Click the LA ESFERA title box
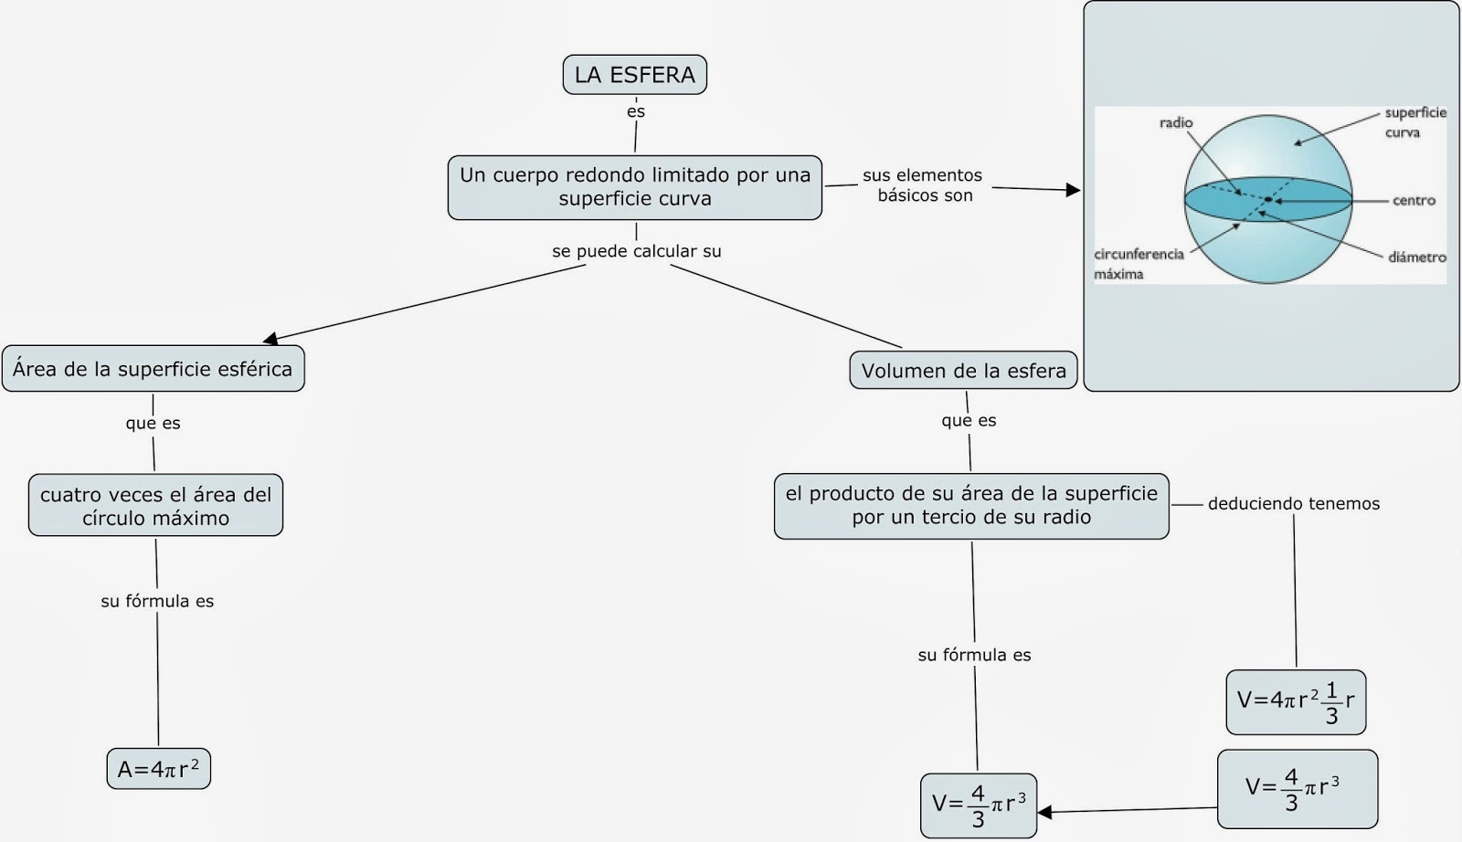click(634, 75)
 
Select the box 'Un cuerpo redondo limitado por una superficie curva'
click(634, 187)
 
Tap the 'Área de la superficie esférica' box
click(153, 369)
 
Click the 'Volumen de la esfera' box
click(963, 371)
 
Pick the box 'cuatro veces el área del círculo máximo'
click(155, 505)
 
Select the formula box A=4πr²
click(158, 769)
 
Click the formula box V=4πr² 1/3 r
click(1295, 701)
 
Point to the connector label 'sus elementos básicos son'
click(923, 184)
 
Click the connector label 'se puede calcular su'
click(636, 251)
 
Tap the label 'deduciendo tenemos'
click(1293, 503)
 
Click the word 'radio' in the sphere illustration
click(1175, 123)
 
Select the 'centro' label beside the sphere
click(1414, 201)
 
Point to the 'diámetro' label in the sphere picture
click(1416, 258)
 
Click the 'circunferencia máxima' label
click(1138, 264)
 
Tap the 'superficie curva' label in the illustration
click(1414, 122)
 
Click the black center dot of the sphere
click(1268, 199)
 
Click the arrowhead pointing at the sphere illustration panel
click(1073, 190)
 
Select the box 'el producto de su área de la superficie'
click(970, 505)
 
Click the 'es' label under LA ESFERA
click(636, 111)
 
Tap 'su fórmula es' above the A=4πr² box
click(157, 601)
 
